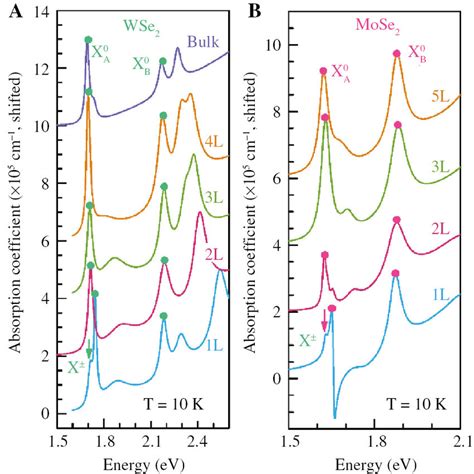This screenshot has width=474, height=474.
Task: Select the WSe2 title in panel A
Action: [140, 22]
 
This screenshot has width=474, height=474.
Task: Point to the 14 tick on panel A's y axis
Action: [46, 12]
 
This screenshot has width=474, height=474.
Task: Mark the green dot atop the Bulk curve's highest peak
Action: [88, 41]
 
